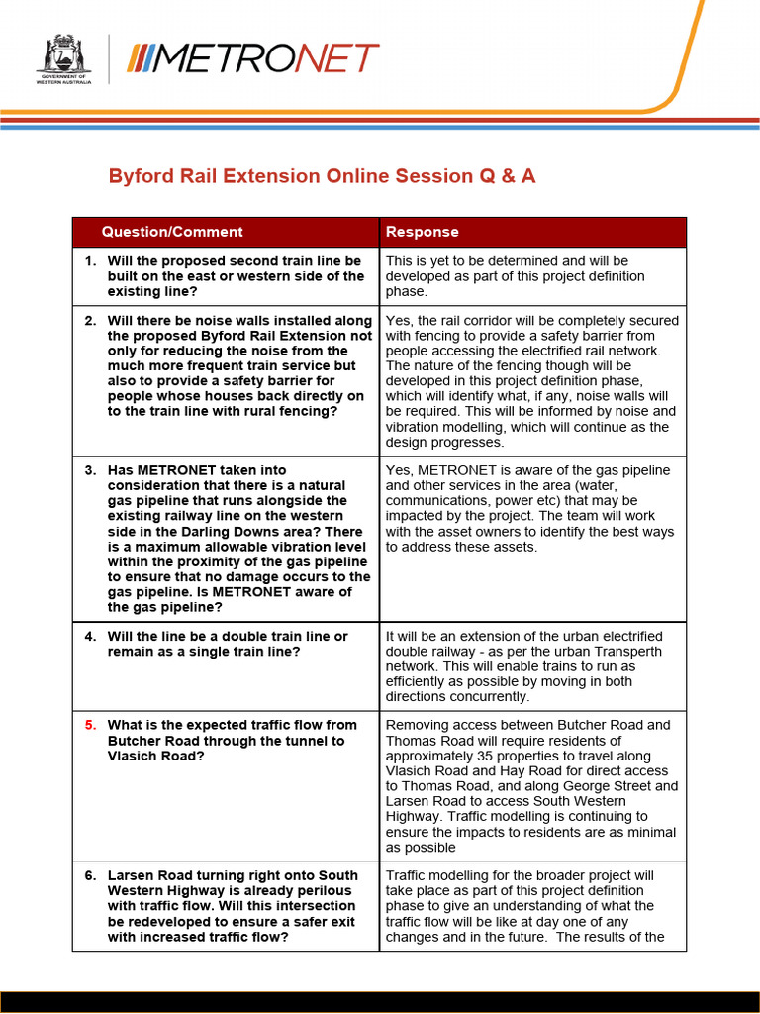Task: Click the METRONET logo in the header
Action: (x=252, y=58)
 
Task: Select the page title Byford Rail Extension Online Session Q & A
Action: (x=322, y=176)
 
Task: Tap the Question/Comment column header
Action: (x=171, y=232)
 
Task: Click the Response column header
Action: (x=422, y=232)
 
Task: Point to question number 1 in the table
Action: (x=90, y=261)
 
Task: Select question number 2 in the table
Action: (x=90, y=321)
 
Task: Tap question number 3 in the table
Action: (x=90, y=470)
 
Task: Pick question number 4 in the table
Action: (x=90, y=637)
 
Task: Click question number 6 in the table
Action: (x=90, y=876)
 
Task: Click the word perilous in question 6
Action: (x=324, y=891)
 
